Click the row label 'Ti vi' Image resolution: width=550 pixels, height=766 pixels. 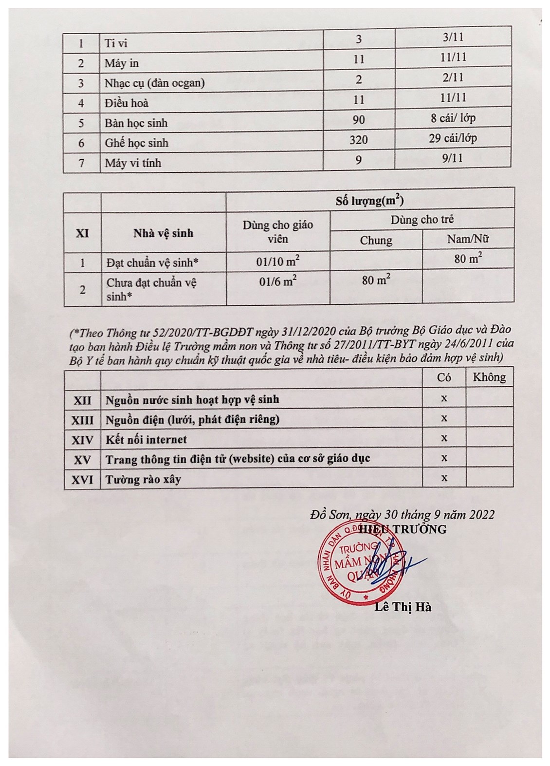pos(116,43)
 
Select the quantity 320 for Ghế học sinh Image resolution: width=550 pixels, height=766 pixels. pos(359,140)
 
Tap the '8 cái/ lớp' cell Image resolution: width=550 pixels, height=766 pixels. pos(452,118)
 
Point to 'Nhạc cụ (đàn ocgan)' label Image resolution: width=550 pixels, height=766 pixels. pos(154,83)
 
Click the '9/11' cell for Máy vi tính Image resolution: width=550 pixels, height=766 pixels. pos(453,158)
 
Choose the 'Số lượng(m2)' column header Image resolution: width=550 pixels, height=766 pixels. pos(370,201)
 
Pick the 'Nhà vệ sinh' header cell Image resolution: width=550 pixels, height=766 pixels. pos(163,233)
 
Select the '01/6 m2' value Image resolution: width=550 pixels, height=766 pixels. pos(277,281)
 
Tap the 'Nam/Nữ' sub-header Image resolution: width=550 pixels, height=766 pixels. pos(468,239)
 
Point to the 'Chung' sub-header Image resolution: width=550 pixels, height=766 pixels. pos(376,240)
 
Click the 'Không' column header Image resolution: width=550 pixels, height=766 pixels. pos(489,377)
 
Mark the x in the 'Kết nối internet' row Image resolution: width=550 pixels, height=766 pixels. pos(444,438)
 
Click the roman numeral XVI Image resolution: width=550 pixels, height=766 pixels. pos(82,480)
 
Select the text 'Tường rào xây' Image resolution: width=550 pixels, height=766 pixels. pos(143,480)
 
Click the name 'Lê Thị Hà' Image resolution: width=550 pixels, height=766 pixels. pos(403,607)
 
